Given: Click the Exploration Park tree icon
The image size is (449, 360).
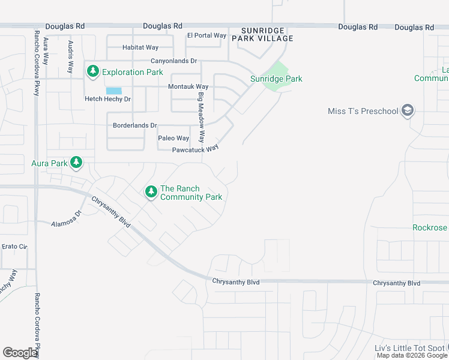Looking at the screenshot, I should coord(92,72).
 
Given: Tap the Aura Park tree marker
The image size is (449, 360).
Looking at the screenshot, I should coord(76,163).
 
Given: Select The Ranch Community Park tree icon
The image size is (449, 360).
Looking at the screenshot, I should coord(150,192).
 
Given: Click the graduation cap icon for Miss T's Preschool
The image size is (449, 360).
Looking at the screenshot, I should coord(408,110).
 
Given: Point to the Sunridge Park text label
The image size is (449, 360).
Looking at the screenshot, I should coord(276,79).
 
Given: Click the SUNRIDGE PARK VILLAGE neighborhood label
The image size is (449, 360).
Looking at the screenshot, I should coord(267,34).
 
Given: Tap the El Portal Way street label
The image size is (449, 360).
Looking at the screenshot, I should coord(206,35).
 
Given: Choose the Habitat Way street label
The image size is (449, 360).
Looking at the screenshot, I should coord(140,47).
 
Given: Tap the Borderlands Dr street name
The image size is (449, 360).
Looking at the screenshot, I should coord(135,125).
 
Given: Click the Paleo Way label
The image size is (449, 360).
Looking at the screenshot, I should coord(173,138).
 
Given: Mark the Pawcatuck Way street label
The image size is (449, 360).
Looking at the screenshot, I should coord(195,149).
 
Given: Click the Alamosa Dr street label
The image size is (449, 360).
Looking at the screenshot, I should coord(66,218).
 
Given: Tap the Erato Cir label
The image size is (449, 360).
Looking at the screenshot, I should coord(14,246).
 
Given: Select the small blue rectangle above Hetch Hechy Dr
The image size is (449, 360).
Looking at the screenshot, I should coord(113,91).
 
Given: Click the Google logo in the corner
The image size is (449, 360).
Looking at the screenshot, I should coord(20,352).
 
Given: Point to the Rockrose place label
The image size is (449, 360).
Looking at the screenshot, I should coord(430,227).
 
